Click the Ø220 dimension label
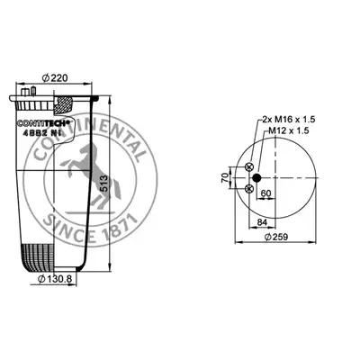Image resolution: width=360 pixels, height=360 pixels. tap(55, 78)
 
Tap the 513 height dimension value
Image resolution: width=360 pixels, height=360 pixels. tap(103, 184)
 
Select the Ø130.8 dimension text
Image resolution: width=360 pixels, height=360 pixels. tap(55, 279)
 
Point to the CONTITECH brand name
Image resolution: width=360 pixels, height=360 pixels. tap(43, 123)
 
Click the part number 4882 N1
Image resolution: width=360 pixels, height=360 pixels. tap(42, 134)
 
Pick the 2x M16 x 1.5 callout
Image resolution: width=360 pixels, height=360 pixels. tap(289, 120)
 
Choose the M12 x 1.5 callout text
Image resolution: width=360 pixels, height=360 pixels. tap(289, 130)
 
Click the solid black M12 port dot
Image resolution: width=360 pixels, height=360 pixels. tap(256, 178)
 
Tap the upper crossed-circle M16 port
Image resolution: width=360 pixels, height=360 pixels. tap(249, 167)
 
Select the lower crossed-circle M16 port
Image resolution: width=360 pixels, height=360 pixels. tap(249, 189)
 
